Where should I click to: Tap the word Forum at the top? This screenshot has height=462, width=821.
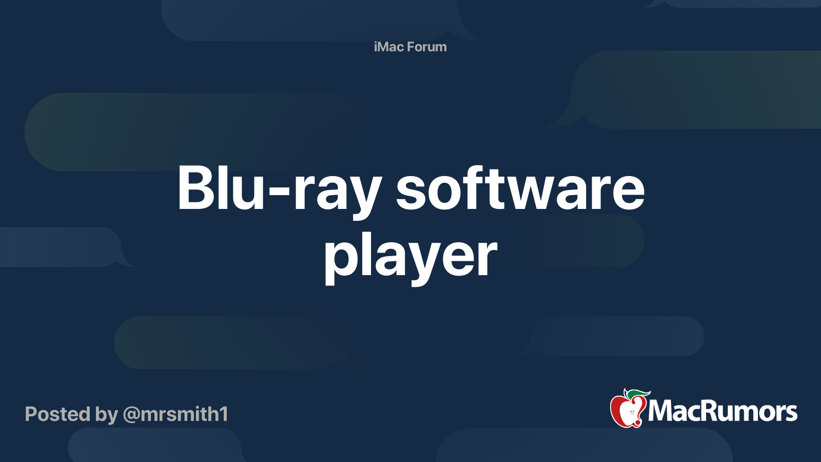(427, 47)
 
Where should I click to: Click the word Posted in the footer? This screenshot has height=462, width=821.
(57, 414)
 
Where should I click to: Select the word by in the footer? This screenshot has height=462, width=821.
(107, 415)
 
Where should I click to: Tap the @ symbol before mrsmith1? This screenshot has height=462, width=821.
(131, 415)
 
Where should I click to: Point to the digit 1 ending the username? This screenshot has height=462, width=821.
(224, 414)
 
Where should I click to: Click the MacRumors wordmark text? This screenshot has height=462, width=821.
(722, 411)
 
